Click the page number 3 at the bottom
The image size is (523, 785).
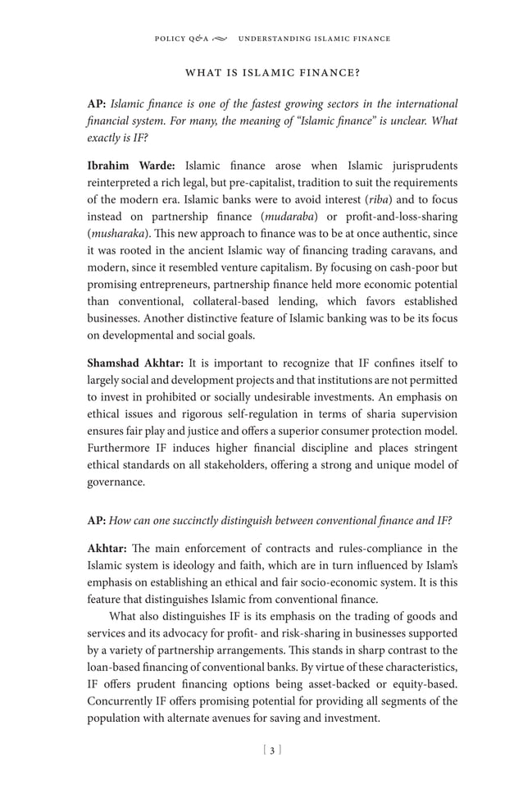coord(272,750)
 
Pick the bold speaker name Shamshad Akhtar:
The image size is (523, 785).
coord(136,363)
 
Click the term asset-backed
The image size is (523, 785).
coord(357,685)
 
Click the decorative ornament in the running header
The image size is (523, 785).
coord(221,39)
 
